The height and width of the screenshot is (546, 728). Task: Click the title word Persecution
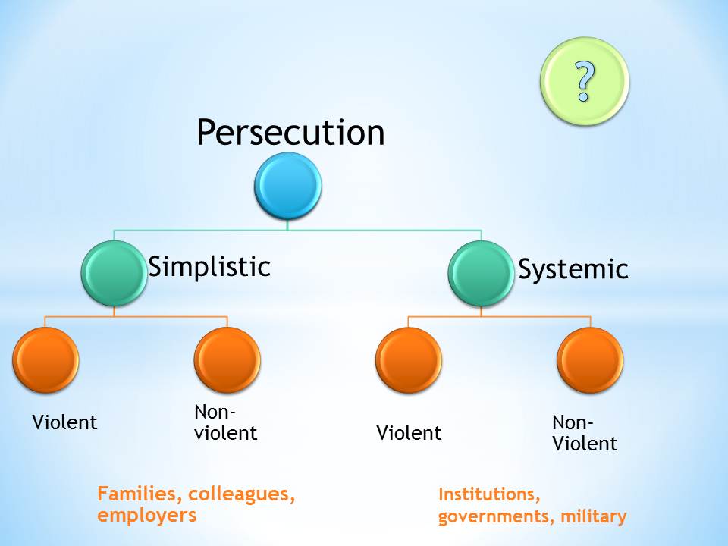tap(290, 133)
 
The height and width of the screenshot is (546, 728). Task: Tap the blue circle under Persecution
tap(288, 186)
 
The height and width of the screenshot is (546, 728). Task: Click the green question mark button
tap(584, 81)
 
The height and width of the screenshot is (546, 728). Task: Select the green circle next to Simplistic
tap(115, 273)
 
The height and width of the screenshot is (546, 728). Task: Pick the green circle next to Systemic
tap(482, 273)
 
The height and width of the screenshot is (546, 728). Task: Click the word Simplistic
tap(209, 266)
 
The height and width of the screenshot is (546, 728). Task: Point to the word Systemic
tap(573, 269)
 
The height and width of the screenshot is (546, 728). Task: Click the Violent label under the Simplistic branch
tap(64, 422)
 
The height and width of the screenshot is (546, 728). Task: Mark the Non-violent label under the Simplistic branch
tap(225, 422)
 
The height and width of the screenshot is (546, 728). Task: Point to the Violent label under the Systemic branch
tap(409, 433)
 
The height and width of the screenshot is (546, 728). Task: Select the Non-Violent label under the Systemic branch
tap(584, 433)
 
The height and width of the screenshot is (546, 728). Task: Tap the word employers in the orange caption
tap(146, 516)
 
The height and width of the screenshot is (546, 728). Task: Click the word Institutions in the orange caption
tap(488, 495)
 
